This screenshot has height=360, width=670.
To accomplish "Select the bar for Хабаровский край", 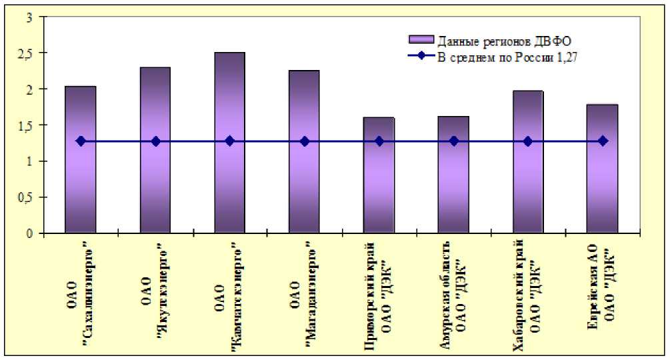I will (x=528, y=180).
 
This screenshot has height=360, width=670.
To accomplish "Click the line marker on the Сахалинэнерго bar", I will (x=81, y=141).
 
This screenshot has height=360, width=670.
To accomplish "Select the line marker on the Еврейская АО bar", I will (x=603, y=141).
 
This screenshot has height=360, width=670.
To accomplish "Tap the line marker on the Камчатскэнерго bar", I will (x=229, y=141).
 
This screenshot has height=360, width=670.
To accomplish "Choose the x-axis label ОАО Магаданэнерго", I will (x=304, y=293).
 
